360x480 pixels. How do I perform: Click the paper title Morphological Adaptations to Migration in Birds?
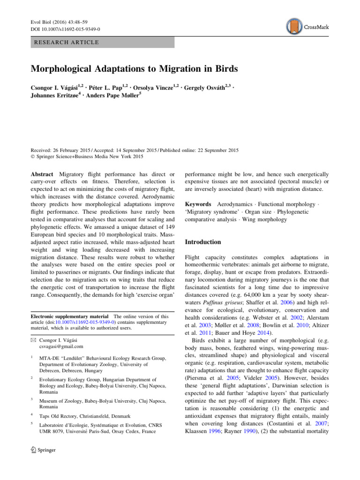(x=135, y=68)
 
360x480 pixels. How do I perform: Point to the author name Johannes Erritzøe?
(x=53, y=97)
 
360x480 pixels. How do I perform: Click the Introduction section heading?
(x=203, y=242)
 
